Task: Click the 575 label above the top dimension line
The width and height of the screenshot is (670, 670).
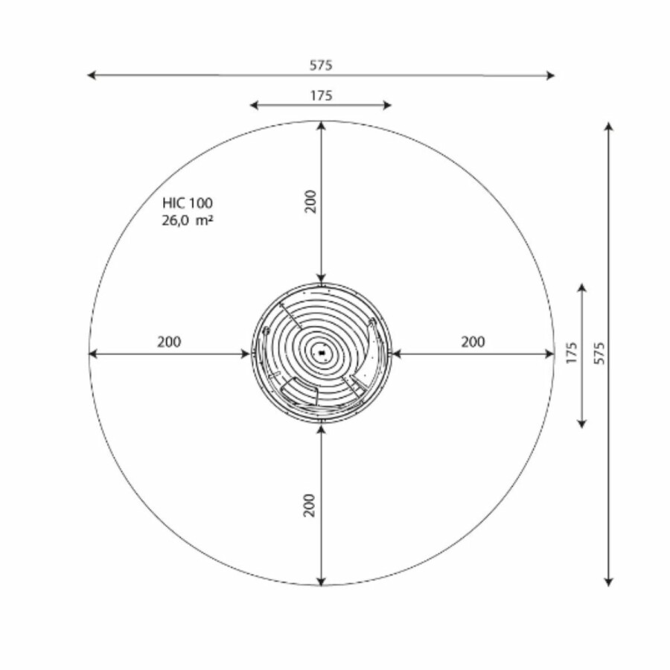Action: [321, 66]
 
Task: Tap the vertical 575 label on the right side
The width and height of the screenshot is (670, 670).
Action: [599, 353]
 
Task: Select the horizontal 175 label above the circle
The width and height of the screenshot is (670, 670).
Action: [321, 95]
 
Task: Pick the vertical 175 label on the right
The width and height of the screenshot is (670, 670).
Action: [571, 353]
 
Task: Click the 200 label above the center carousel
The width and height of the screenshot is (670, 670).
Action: [310, 201]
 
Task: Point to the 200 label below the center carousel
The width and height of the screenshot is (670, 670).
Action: [310, 505]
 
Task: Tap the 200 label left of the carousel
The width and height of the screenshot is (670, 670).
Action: [169, 342]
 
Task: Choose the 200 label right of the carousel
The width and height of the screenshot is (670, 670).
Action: [473, 342]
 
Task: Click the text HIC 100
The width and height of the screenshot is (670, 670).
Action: [187, 203]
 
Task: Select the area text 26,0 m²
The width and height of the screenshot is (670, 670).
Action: [187, 220]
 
